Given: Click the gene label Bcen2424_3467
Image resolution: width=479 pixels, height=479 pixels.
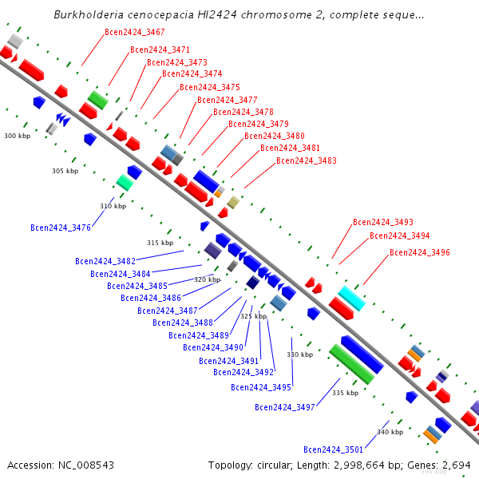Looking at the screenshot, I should pyautogui.click(x=135, y=33).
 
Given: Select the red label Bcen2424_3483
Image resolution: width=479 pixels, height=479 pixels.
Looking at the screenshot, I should pyautogui.click(x=307, y=161).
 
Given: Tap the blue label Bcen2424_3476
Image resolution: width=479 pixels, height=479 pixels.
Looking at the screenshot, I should pyautogui.click(x=61, y=228).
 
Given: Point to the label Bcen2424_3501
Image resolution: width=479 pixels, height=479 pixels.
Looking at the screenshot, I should pyautogui.click(x=334, y=449).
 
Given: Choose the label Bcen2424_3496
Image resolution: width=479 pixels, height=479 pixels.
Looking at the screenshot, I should pyautogui.click(x=420, y=253).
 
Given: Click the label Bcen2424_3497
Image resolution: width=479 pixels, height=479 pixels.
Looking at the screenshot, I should pyautogui.click(x=285, y=408).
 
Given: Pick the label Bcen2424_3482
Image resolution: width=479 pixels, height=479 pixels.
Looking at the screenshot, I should pyautogui.click(x=105, y=261).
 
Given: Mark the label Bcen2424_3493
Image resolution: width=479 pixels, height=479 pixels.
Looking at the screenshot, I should pyautogui.click(x=383, y=222).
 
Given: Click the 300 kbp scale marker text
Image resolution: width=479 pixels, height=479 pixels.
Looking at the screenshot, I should pyautogui.click(x=17, y=137).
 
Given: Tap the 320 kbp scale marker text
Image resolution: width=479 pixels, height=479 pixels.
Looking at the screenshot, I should pyautogui.click(x=207, y=280).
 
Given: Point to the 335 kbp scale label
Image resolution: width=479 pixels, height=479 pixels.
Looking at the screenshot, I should pyautogui.click(x=345, y=393).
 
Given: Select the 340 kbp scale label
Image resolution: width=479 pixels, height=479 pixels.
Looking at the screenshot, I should pyautogui.click(x=390, y=432).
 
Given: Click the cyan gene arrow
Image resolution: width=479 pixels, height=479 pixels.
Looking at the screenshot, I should pyautogui.click(x=351, y=298).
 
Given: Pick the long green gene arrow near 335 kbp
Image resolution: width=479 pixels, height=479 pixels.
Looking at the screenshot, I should pyautogui.click(x=350, y=364).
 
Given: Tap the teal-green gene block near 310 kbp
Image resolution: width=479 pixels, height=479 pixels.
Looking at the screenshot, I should pyautogui.click(x=125, y=182).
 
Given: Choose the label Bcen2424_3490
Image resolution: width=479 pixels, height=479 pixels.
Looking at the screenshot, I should pyautogui.click(x=213, y=347).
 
